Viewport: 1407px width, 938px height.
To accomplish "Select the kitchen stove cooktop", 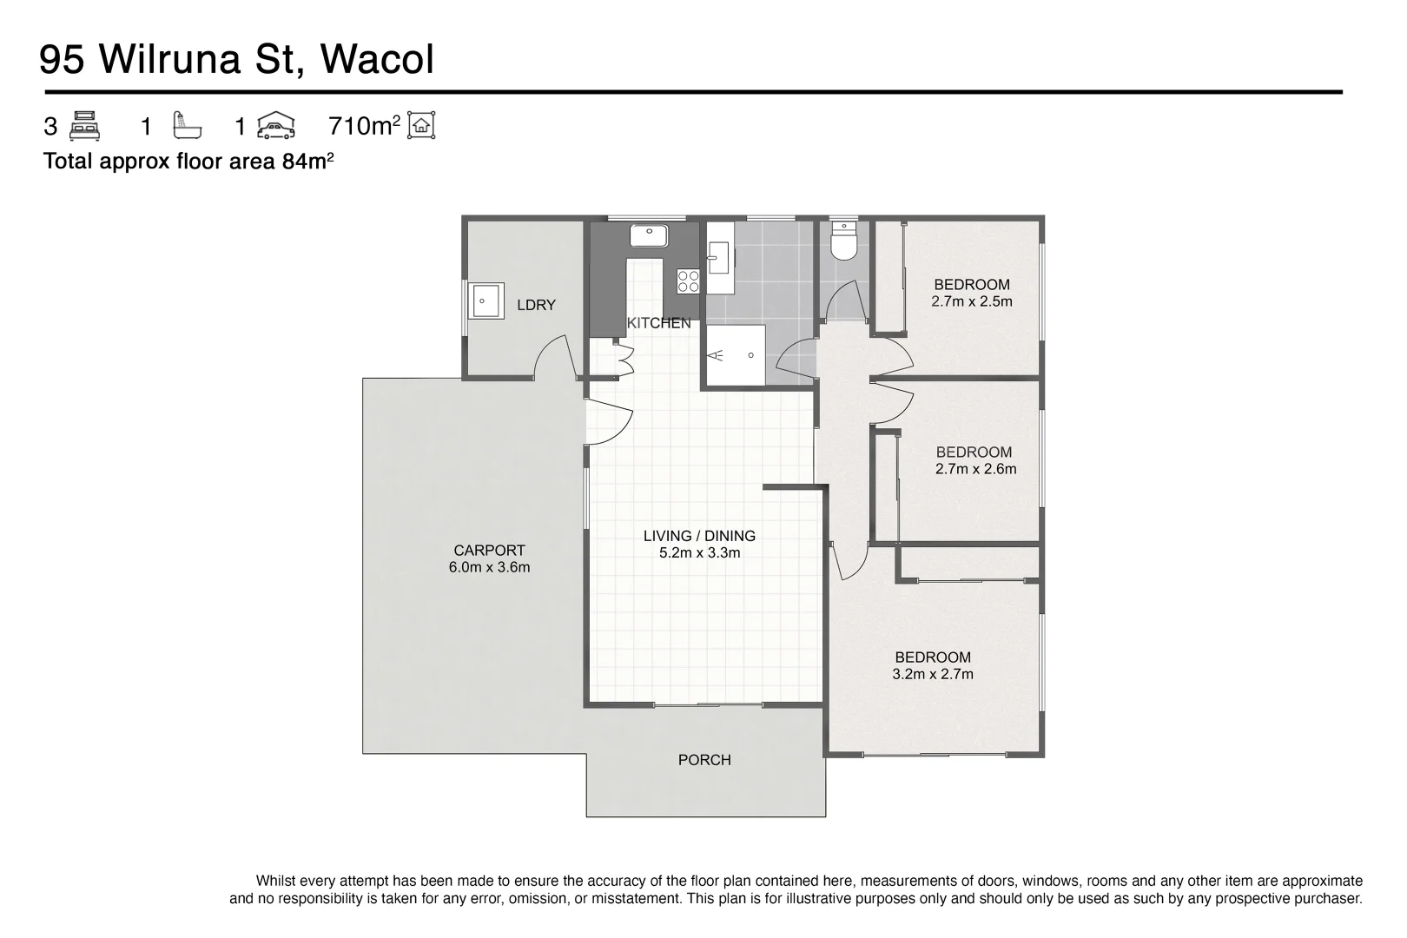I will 688,280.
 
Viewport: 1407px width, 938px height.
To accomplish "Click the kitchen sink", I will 648,235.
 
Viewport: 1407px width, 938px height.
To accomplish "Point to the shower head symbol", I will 717,355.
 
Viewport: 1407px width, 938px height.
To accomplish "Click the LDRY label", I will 536,305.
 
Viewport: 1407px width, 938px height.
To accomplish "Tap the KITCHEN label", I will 659,323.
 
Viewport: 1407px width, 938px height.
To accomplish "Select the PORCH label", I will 704,760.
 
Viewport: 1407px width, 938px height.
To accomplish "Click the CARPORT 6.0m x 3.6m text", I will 489,558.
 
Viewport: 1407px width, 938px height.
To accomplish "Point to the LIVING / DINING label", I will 699,536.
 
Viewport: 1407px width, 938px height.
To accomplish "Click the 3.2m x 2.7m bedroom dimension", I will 933,674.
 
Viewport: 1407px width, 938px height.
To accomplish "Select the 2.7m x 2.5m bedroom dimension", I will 972,301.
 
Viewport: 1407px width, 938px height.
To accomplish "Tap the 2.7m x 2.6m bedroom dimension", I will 975,469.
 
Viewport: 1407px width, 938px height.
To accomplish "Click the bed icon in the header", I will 84,126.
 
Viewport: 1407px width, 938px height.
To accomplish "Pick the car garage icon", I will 275,126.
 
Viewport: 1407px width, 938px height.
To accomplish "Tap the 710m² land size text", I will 364,127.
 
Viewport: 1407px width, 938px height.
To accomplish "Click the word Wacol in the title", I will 377,60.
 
